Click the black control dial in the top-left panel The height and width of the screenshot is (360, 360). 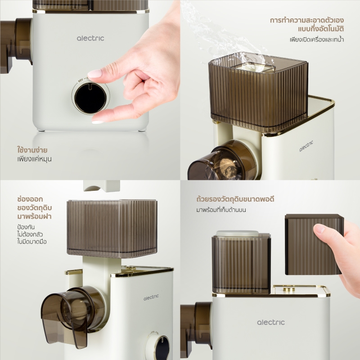(x=90, y=98)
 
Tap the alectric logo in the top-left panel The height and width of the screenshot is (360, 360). (x=90, y=38)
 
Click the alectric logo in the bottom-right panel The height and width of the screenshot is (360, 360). (x=271, y=322)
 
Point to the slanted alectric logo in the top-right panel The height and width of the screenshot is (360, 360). (x=306, y=146)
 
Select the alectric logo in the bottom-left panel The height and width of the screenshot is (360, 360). (x=151, y=297)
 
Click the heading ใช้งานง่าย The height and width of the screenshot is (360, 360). (x=32, y=150)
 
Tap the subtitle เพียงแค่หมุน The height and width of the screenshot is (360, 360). (x=35, y=159)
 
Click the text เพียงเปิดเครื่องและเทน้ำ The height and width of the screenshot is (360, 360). (x=317, y=40)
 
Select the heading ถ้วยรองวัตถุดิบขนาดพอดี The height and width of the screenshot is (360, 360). (x=235, y=199)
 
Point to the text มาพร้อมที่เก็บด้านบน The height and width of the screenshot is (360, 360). (x=221, y=210)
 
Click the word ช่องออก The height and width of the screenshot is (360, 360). (x=30, y=199)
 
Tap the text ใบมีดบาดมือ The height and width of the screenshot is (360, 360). (x=32, y=242)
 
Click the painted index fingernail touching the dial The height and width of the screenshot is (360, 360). (x=95, y=73)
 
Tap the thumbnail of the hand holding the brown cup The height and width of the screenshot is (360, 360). (x=319, y=229)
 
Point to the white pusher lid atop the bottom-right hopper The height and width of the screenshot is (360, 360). (x=237, y=234)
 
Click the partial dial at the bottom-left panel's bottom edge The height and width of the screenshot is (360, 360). (x=158, y=346)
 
